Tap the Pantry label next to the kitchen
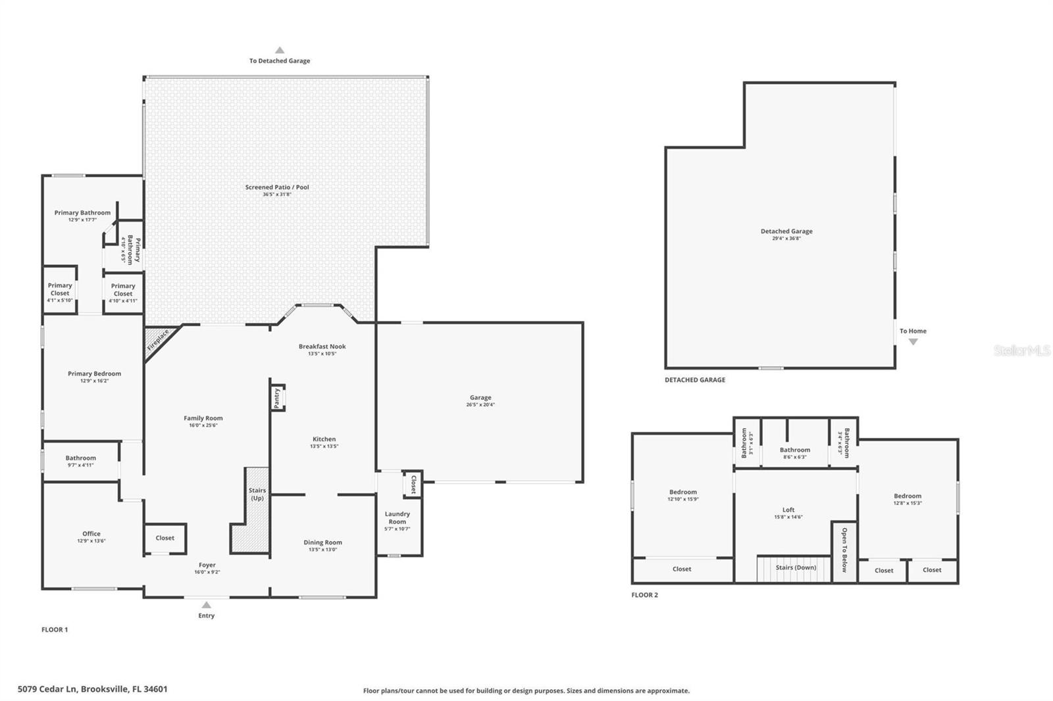click(x=277, y=397)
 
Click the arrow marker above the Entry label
click(x=206, y=605)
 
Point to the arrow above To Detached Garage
click(x=280, y=50)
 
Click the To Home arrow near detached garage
click(x=913, y=342)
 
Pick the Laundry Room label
click(x=397, y=518)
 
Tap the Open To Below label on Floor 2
click(x=844, y=550)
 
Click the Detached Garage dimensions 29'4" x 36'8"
click(x=786, y=239)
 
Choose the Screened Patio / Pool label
click(x=277, y=187)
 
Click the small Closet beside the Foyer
click(x=165, y=538)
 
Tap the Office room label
click(x=91, y=534)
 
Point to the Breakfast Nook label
click(x=322, y=347)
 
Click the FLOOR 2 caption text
click(x=644, y=595)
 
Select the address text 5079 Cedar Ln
click(x=92, y=689)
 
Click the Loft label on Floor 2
click(x=788, y=510)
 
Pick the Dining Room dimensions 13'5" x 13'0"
click(x=322, y=550)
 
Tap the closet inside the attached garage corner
click(x=413, y=484)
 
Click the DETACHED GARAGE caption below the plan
click(x=694, y=380)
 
